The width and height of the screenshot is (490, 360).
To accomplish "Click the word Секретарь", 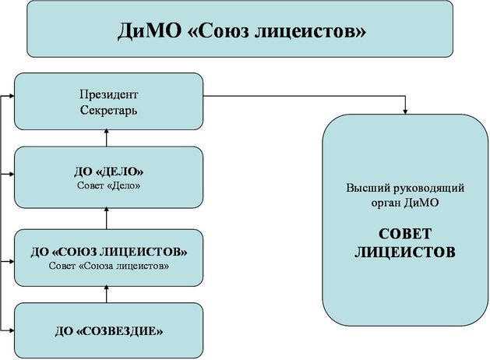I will tap(109, 110).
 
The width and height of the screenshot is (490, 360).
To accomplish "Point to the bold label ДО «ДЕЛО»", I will tap(109, 171).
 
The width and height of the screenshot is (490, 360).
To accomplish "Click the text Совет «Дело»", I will tap(109, 185).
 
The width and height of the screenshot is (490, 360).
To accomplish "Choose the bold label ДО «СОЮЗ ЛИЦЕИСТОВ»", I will tap(109, 252).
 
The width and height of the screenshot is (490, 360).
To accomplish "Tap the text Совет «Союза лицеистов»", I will tap(109, 266).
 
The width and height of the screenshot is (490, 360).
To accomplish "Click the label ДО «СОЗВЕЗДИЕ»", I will tap(109, 330).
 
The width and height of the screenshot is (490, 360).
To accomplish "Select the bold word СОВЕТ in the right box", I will tap(405, 235).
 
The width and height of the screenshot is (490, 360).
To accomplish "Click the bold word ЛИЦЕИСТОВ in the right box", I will tap(405, 252).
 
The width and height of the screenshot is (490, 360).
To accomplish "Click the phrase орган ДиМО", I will tap(405, 203).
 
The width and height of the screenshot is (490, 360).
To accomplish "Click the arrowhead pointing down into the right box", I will tap(406, 111).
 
